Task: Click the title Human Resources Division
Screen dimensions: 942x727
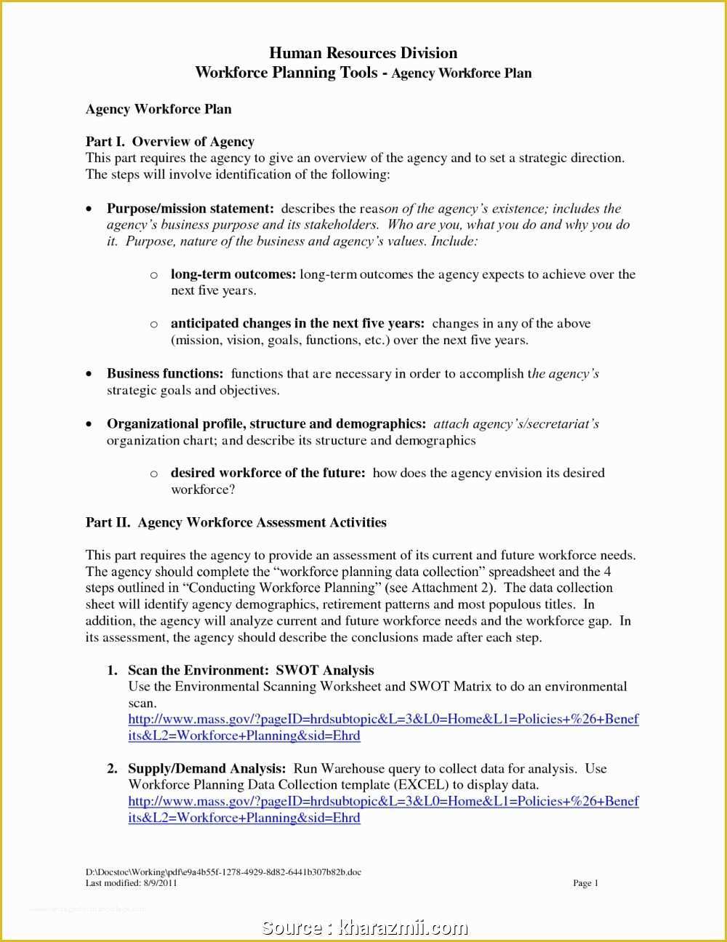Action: (363, 53)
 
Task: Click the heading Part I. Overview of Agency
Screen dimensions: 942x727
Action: (169, 142)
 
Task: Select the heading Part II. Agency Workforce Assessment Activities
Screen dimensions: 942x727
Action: (236, 522)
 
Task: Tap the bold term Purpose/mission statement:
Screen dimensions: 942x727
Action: (190, 209)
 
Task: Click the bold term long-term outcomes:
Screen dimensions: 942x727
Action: (233, 274)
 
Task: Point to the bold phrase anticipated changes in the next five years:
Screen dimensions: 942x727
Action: (297, 324)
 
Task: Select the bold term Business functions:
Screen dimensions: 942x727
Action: (165, 374)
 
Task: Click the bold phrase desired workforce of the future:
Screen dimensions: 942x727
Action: (268, 473)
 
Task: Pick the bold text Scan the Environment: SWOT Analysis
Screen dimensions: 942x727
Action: (251, 670)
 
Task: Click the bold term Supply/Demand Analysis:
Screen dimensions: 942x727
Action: (206, 769)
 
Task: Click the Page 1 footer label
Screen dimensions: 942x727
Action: (585, 883)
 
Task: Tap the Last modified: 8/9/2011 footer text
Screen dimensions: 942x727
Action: (131, 883)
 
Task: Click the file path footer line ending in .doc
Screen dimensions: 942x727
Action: (223, 872)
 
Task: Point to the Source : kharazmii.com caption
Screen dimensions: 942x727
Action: (364, 928)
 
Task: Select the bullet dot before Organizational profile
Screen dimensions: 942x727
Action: (89, 424)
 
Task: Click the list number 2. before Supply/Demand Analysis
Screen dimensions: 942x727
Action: (112, 769)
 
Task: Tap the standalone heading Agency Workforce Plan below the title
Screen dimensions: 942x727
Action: (158, 109)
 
